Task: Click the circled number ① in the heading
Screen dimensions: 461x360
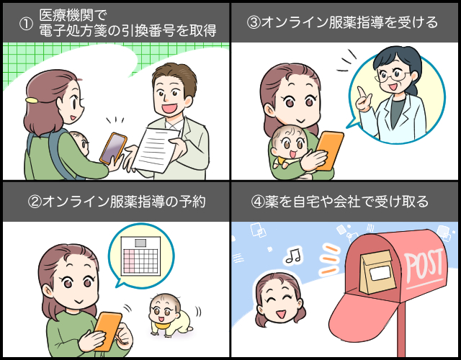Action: click(x=26, y=24)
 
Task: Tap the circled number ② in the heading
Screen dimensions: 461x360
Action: click(x=35, y=202)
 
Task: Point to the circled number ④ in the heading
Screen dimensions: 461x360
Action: click(x=258, y=202)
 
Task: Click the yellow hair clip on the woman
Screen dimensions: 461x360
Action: click(x=32, y=100)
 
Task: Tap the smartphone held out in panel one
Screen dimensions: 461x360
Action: click(x=113, y=148)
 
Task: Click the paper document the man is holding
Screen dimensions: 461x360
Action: click(x=156, y=149)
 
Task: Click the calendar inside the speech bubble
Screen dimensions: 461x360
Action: click(x=140, y=256)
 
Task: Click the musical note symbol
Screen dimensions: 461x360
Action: click(x=294, y=255)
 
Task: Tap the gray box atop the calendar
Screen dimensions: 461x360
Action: click(x=140, y=243)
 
